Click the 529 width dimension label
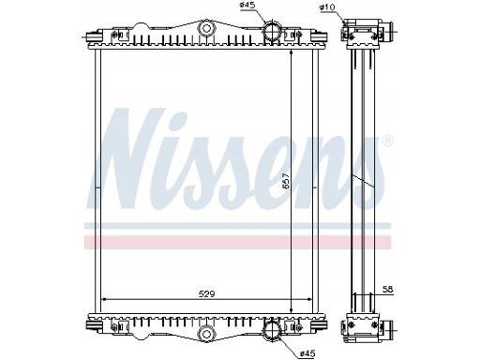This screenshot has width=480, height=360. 207,293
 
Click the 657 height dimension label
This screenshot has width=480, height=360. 286,181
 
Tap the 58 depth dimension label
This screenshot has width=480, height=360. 387,290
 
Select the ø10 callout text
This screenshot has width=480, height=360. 326,7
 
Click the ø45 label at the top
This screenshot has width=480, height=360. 247,5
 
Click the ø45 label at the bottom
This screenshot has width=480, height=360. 307,353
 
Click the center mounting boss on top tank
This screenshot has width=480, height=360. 206,28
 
